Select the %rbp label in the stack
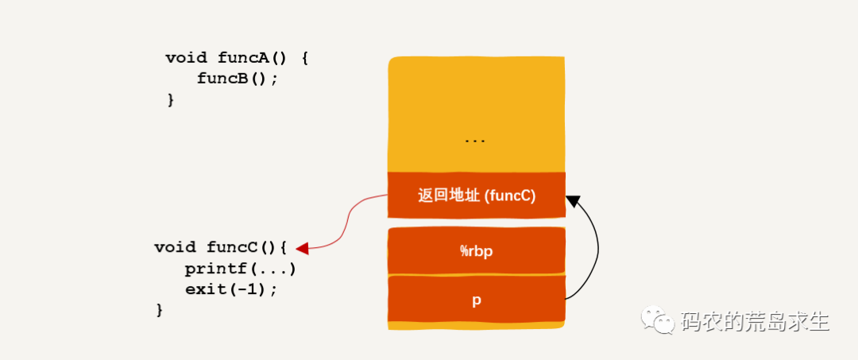(x=477, y=251)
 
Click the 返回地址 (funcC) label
(x=477, y=195)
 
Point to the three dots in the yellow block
(x=475, y=141)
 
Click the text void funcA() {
(x=236, y=58)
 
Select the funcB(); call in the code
(x=238, y=79)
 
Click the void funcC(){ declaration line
(x=219, y=247)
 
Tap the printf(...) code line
(x=240, y=268)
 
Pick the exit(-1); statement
(x=231, y=288)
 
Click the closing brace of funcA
(x=170, y=99)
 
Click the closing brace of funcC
(x=159, y=309)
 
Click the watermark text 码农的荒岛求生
(x=755, y=321)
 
